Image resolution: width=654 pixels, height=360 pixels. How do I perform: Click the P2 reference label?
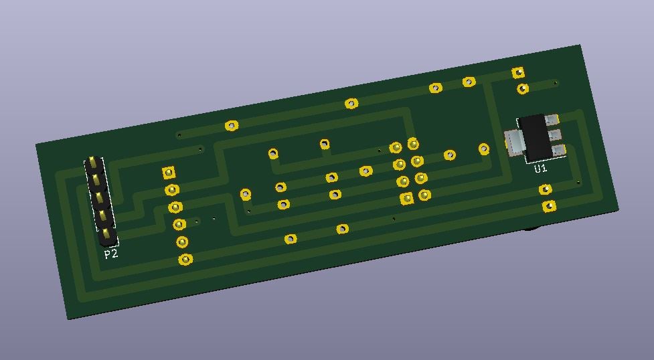coord(110,254)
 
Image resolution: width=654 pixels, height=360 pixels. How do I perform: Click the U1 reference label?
coord(540,169)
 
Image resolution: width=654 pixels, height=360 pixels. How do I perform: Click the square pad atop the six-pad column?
coord(169,173)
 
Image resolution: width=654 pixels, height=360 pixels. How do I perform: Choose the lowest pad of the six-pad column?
coord(185,259)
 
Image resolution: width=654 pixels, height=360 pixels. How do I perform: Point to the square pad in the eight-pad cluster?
coord(406,199)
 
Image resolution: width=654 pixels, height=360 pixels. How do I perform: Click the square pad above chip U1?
coord(518,72)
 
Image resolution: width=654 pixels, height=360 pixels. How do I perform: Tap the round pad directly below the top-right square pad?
coord(522,88)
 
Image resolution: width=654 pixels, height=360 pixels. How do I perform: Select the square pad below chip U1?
coord(549,206)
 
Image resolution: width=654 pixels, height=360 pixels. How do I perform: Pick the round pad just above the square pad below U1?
coord(546,190)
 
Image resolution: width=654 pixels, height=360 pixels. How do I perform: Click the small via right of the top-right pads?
coord(556,83)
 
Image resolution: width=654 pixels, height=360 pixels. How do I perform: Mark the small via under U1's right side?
coord(578,182)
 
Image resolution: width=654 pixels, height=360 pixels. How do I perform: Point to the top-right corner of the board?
coord(580,45)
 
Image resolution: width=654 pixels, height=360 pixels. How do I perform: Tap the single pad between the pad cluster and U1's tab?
coord(483,149)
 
